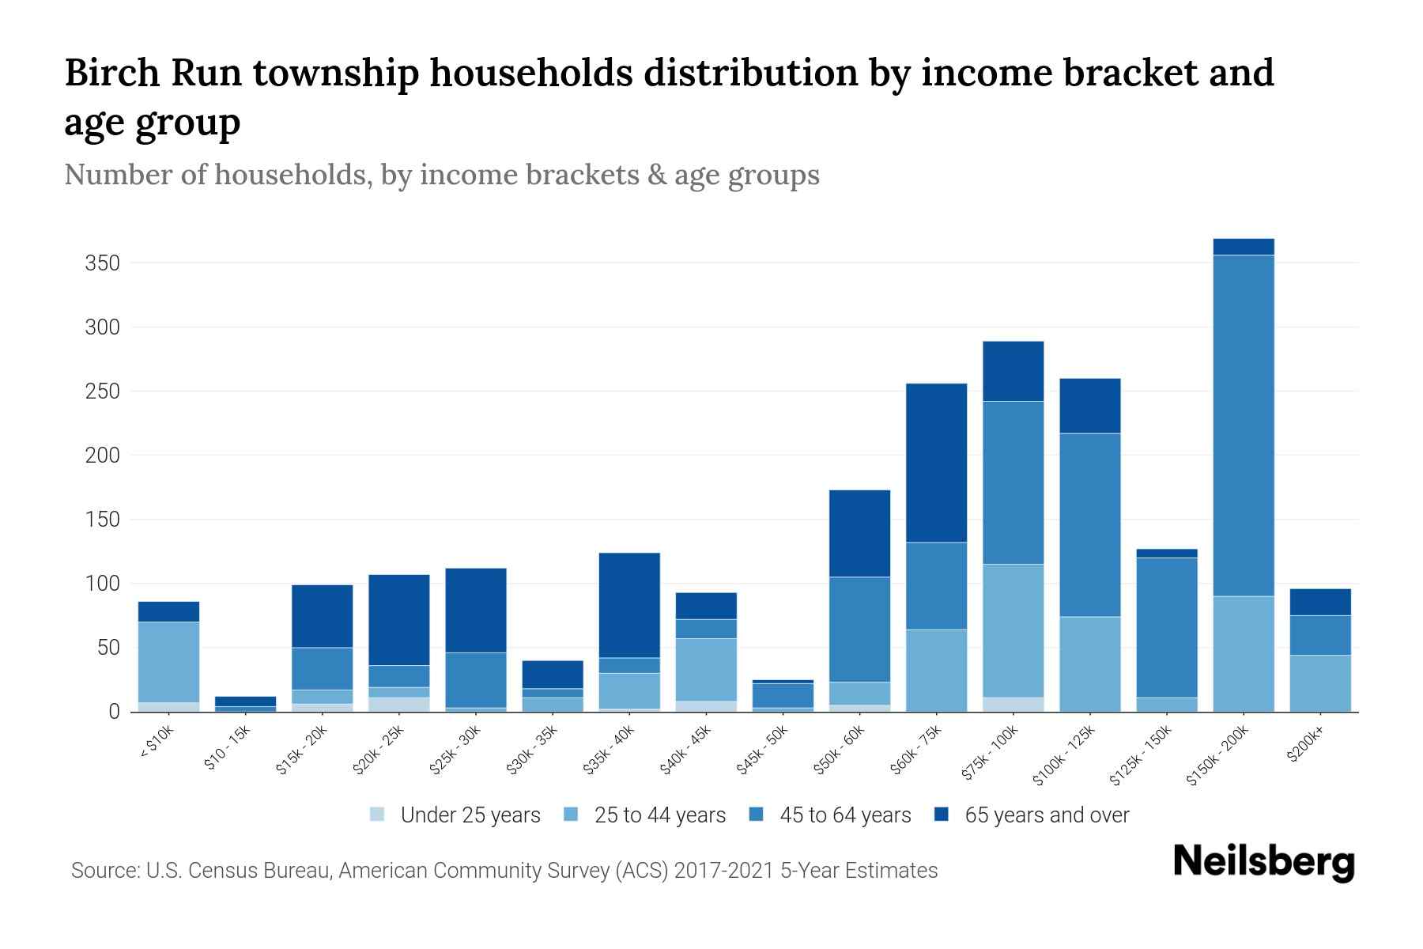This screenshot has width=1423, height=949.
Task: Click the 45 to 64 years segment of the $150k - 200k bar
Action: click(1244, 425)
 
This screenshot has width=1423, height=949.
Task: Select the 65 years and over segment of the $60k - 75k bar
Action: click(936, 463)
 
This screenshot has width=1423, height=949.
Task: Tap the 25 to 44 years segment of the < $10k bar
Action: click(168, 662)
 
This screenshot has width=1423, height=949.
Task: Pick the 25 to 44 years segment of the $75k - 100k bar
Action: click(1013, 630)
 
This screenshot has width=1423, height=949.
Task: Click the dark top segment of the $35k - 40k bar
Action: click(629, 605)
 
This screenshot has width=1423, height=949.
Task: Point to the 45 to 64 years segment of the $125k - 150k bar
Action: click(1166, 627)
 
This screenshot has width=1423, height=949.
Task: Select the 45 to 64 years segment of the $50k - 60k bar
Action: click(859, 630)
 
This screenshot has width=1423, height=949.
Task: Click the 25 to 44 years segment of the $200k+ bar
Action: click(1319, 683)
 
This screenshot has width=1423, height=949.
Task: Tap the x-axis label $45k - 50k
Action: click(764, 751)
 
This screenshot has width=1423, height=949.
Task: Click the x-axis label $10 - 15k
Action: click(227, 748)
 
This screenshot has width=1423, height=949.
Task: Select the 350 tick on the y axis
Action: click(102, 263)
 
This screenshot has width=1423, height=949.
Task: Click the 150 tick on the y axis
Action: click(102, 520)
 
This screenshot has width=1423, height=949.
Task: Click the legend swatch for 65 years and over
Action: click(942, 815)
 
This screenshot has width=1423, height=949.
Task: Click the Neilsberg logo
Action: click(1263, 862)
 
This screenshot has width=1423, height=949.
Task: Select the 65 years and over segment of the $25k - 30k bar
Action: click(476, 610)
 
